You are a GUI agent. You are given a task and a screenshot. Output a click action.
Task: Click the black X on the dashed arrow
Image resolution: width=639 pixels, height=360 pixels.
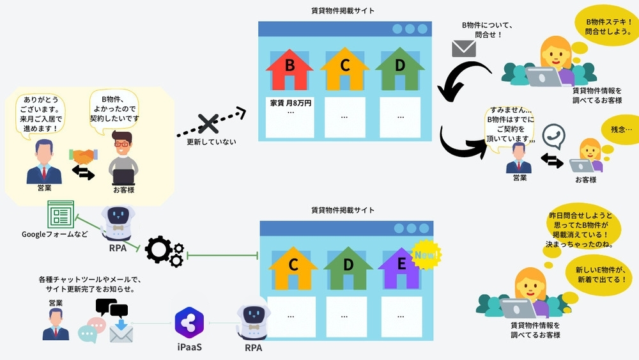(x=208, y=124)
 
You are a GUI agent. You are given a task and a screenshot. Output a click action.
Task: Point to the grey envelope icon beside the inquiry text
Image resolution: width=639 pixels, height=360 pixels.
(x=464, y=49)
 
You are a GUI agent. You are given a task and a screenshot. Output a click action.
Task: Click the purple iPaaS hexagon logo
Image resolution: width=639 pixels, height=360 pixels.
(x=189, y=322)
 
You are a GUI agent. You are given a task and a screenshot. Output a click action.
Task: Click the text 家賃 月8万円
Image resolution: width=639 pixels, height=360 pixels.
(x=291, y=103)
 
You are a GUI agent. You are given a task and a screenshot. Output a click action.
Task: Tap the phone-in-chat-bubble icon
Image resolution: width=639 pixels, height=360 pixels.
(x=553, y=136)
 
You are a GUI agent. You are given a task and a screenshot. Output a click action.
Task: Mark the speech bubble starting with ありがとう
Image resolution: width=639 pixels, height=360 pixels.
(x=43, y=114)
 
